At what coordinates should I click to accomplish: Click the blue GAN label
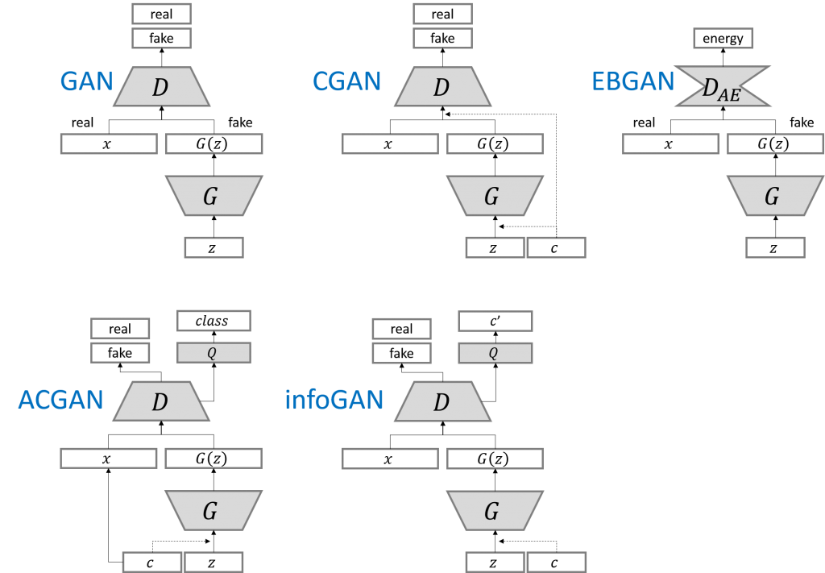tap(86, 81)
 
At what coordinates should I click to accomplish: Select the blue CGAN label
tap(346, 81)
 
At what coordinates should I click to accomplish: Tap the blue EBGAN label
tap(632, 81)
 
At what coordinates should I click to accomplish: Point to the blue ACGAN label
tap(60, 401)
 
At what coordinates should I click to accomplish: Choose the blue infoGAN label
tap(334, 401)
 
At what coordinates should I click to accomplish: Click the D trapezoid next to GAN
tap(161, 87)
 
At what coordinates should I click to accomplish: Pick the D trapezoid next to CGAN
tap(442, 87)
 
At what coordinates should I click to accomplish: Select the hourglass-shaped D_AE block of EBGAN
tap(723, 87)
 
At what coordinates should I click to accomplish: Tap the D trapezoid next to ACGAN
tap(161, 401)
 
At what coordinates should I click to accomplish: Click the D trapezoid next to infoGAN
tap(442, 401)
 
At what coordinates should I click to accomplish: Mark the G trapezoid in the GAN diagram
tap(213, 196)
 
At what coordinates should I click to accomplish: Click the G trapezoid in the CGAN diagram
tap(494, 196)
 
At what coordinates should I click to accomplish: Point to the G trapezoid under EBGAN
tap(774, 196)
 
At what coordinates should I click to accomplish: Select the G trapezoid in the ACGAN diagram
tap(213, 510)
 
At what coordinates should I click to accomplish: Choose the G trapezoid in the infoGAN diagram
tap(494, 510)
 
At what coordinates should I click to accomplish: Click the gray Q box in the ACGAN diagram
tap(214, 353)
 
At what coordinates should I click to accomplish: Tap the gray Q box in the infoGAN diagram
tap(495, 353)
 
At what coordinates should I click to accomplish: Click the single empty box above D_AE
tap(723, 38)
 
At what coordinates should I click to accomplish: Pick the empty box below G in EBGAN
tap(774, 247)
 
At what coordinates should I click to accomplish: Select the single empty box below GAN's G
tap(214, 247)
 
